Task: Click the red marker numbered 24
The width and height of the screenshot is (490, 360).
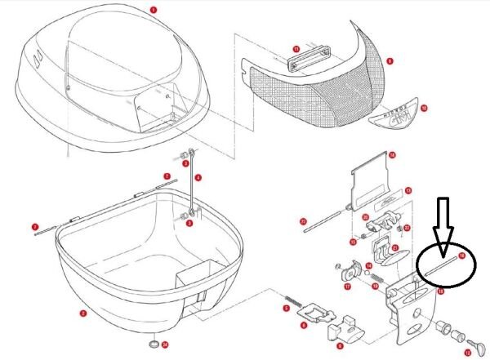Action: pyautogui.click(x=164, y=344)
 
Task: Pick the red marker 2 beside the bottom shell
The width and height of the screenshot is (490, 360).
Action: pyautogui.click(x=82, y=313)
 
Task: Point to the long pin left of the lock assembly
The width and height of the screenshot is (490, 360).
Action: pyautogui.click(x=326, y=220)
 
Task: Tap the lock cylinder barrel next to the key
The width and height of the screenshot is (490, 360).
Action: pyautogui.click(x=446, y=328)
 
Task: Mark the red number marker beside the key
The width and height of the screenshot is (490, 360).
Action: pyautogui.click(x=479, y=352)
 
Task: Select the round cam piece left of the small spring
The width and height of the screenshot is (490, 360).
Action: pyautogui.click(x=354, y=269)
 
